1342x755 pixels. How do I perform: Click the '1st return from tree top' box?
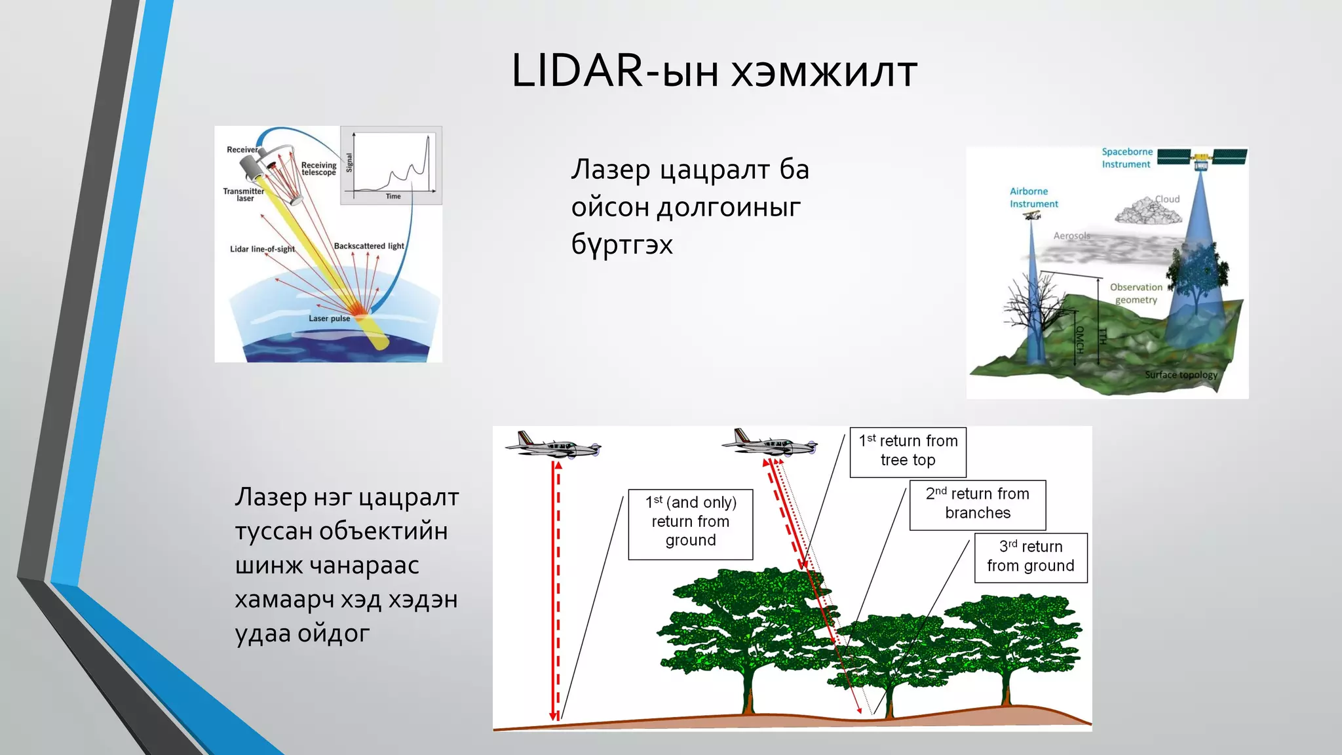click(908, 452)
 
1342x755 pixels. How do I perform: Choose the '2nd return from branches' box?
click(977, 504)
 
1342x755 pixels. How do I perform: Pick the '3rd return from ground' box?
click(1030, 557)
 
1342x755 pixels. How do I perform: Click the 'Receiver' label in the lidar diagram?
click(242, 150)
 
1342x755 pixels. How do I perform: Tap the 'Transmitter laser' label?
click(243, 195)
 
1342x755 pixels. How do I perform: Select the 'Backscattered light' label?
click(369, 246)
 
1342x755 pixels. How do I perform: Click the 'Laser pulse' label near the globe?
click(330, 319)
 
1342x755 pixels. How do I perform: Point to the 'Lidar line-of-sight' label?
click(262, 249)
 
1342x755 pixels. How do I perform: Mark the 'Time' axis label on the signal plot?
click(393, 197)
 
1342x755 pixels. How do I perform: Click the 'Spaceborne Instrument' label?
click(1126, 158)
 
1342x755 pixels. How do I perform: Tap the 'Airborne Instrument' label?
click(1033, 197)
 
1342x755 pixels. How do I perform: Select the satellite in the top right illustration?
click(1201, 157)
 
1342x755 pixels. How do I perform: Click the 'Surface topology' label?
click(1181, 375)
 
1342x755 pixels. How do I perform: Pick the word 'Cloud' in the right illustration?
click(1167, 199)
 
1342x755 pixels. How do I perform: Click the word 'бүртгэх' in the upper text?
click(622, 244)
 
